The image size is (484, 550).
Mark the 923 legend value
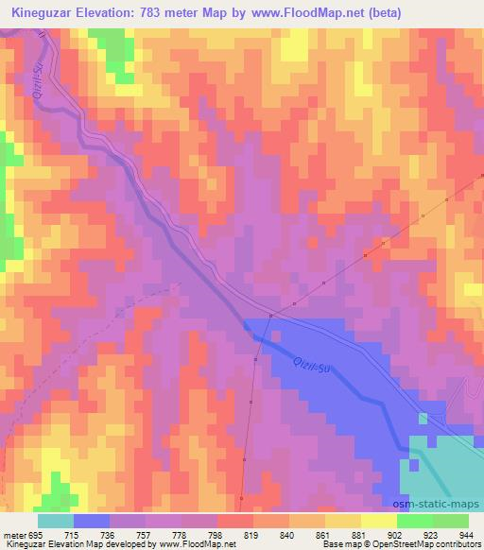(431, 536)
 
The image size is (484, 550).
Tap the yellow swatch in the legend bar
(378, 522)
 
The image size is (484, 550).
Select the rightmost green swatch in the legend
(450, 522)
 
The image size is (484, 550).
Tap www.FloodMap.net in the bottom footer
(200, 545)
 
